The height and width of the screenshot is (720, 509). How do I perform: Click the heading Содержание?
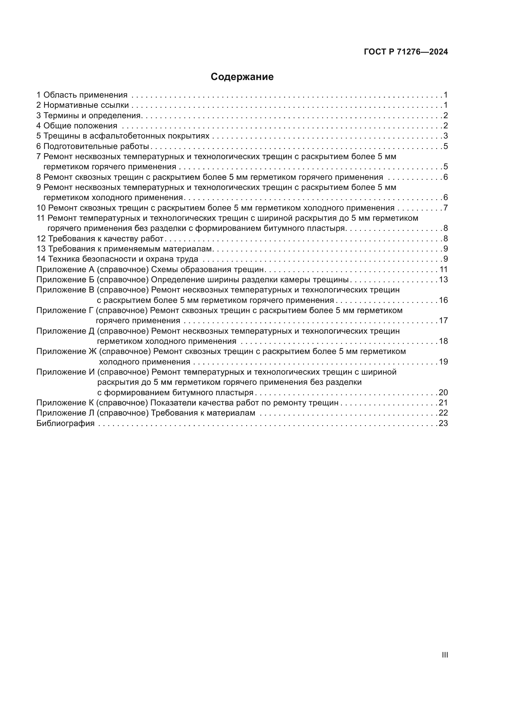(242, 77)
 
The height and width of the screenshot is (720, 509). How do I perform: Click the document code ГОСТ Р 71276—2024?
(406, 52)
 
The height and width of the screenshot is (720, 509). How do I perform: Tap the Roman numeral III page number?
(445, 655)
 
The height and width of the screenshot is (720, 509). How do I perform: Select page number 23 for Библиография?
(443, 423)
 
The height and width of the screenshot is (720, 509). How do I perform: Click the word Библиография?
(65, 423)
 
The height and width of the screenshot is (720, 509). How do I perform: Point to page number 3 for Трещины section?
(445, 136)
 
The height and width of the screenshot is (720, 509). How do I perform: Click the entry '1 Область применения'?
(82, 95)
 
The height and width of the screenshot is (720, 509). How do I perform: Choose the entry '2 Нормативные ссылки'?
(83, 105)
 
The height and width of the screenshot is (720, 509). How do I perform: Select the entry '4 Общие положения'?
(77, 126)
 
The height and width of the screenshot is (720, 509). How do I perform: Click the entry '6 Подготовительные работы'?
(93, 147)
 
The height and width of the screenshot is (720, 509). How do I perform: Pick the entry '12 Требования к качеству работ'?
(100, 239)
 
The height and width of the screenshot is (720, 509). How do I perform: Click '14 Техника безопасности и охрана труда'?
(117, 259)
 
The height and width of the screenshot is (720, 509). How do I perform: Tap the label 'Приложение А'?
(65, 269)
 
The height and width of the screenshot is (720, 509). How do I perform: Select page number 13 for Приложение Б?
(443, 280)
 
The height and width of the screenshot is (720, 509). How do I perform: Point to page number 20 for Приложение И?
(443, 392)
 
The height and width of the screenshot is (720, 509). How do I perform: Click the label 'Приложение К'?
(65, 403)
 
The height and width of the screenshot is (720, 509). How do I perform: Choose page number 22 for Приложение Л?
(443, 413)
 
